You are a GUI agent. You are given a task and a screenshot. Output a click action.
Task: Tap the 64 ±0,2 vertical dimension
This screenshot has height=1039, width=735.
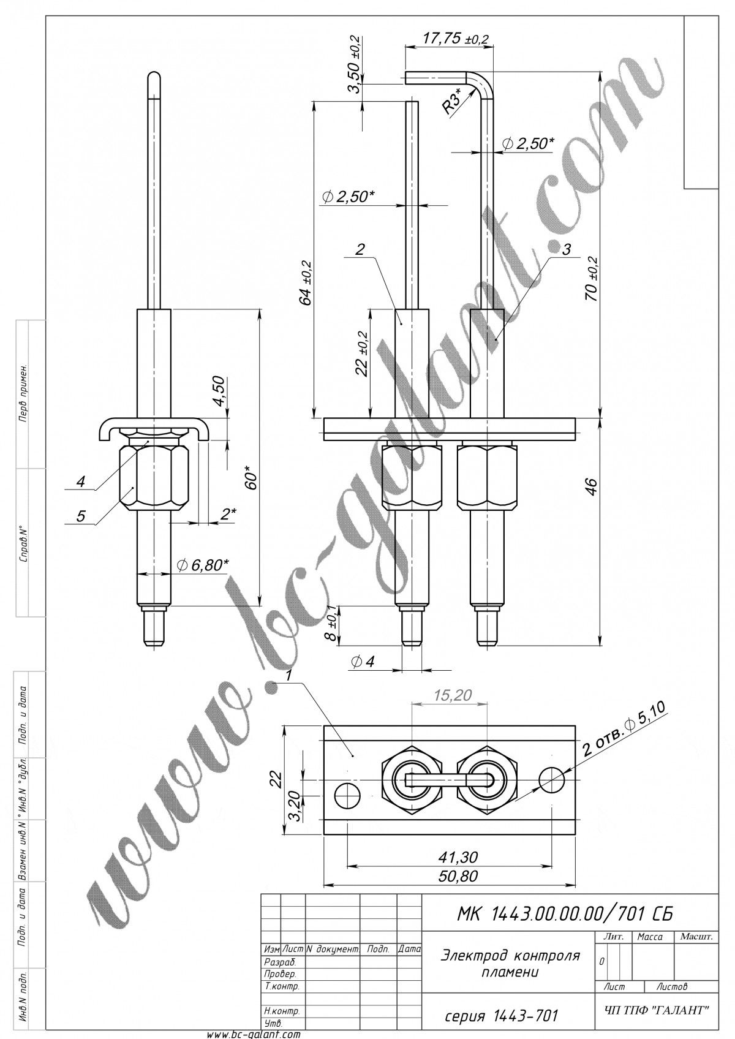click(306, 283)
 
